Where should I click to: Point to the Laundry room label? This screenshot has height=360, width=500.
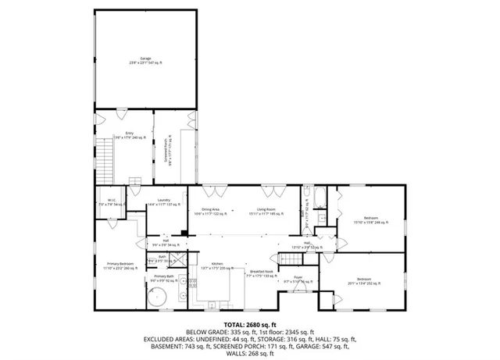[164, 201]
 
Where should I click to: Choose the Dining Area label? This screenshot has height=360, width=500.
[210, 210]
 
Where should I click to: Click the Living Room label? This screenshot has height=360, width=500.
[269, 210]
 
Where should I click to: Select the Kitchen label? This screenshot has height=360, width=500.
[217, 266]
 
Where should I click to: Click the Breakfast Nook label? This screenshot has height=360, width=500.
[261, 273]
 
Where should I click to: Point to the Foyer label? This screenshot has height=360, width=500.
[298, 279]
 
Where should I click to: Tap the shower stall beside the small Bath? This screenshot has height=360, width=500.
[179, 262]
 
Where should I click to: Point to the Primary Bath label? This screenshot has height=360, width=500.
[164, 277]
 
